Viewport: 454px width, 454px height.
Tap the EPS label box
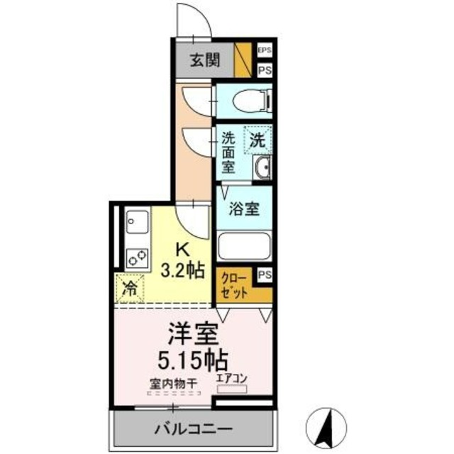[x=265, y=50]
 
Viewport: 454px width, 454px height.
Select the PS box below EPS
[x=265, y=70]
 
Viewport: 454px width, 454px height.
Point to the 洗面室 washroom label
[x=228, y=153]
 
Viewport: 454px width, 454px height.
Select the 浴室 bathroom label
[x=244, y=209]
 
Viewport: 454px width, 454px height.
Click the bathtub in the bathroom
[x=244, y=246]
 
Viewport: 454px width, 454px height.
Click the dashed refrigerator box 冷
[x=131, y=287]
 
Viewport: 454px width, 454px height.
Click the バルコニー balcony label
[x=191, y=430]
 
